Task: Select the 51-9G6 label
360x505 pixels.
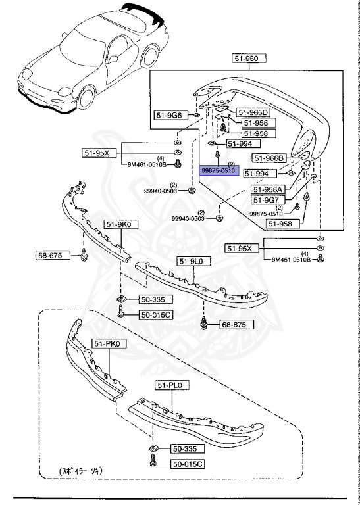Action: [x=169, y=116]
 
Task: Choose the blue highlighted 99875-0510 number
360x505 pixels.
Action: [x=218, y=169]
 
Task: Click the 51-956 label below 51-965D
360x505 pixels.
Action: [x=254, y=123]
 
